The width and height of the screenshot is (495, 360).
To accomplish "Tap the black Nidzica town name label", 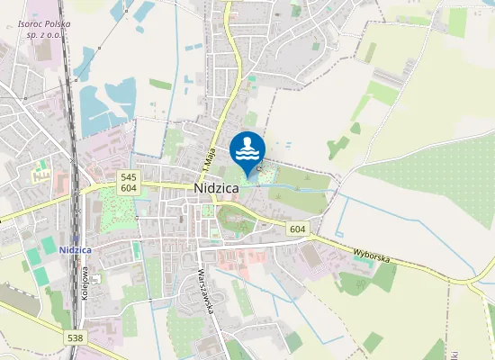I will [x=215, y=188].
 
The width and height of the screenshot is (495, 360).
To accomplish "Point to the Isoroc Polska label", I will [x=44, y=23].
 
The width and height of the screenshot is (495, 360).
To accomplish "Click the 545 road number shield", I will [x=128, y=177].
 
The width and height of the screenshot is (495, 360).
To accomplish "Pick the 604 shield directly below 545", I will [x=128, y=188].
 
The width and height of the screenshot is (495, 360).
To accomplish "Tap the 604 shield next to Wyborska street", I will [x=298, y=230].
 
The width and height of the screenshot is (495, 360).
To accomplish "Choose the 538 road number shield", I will [x=76, y=337].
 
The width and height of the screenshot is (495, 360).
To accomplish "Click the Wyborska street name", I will [x=372, y=257].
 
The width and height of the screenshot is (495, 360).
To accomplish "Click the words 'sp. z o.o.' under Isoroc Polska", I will [x=44, y=34].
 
